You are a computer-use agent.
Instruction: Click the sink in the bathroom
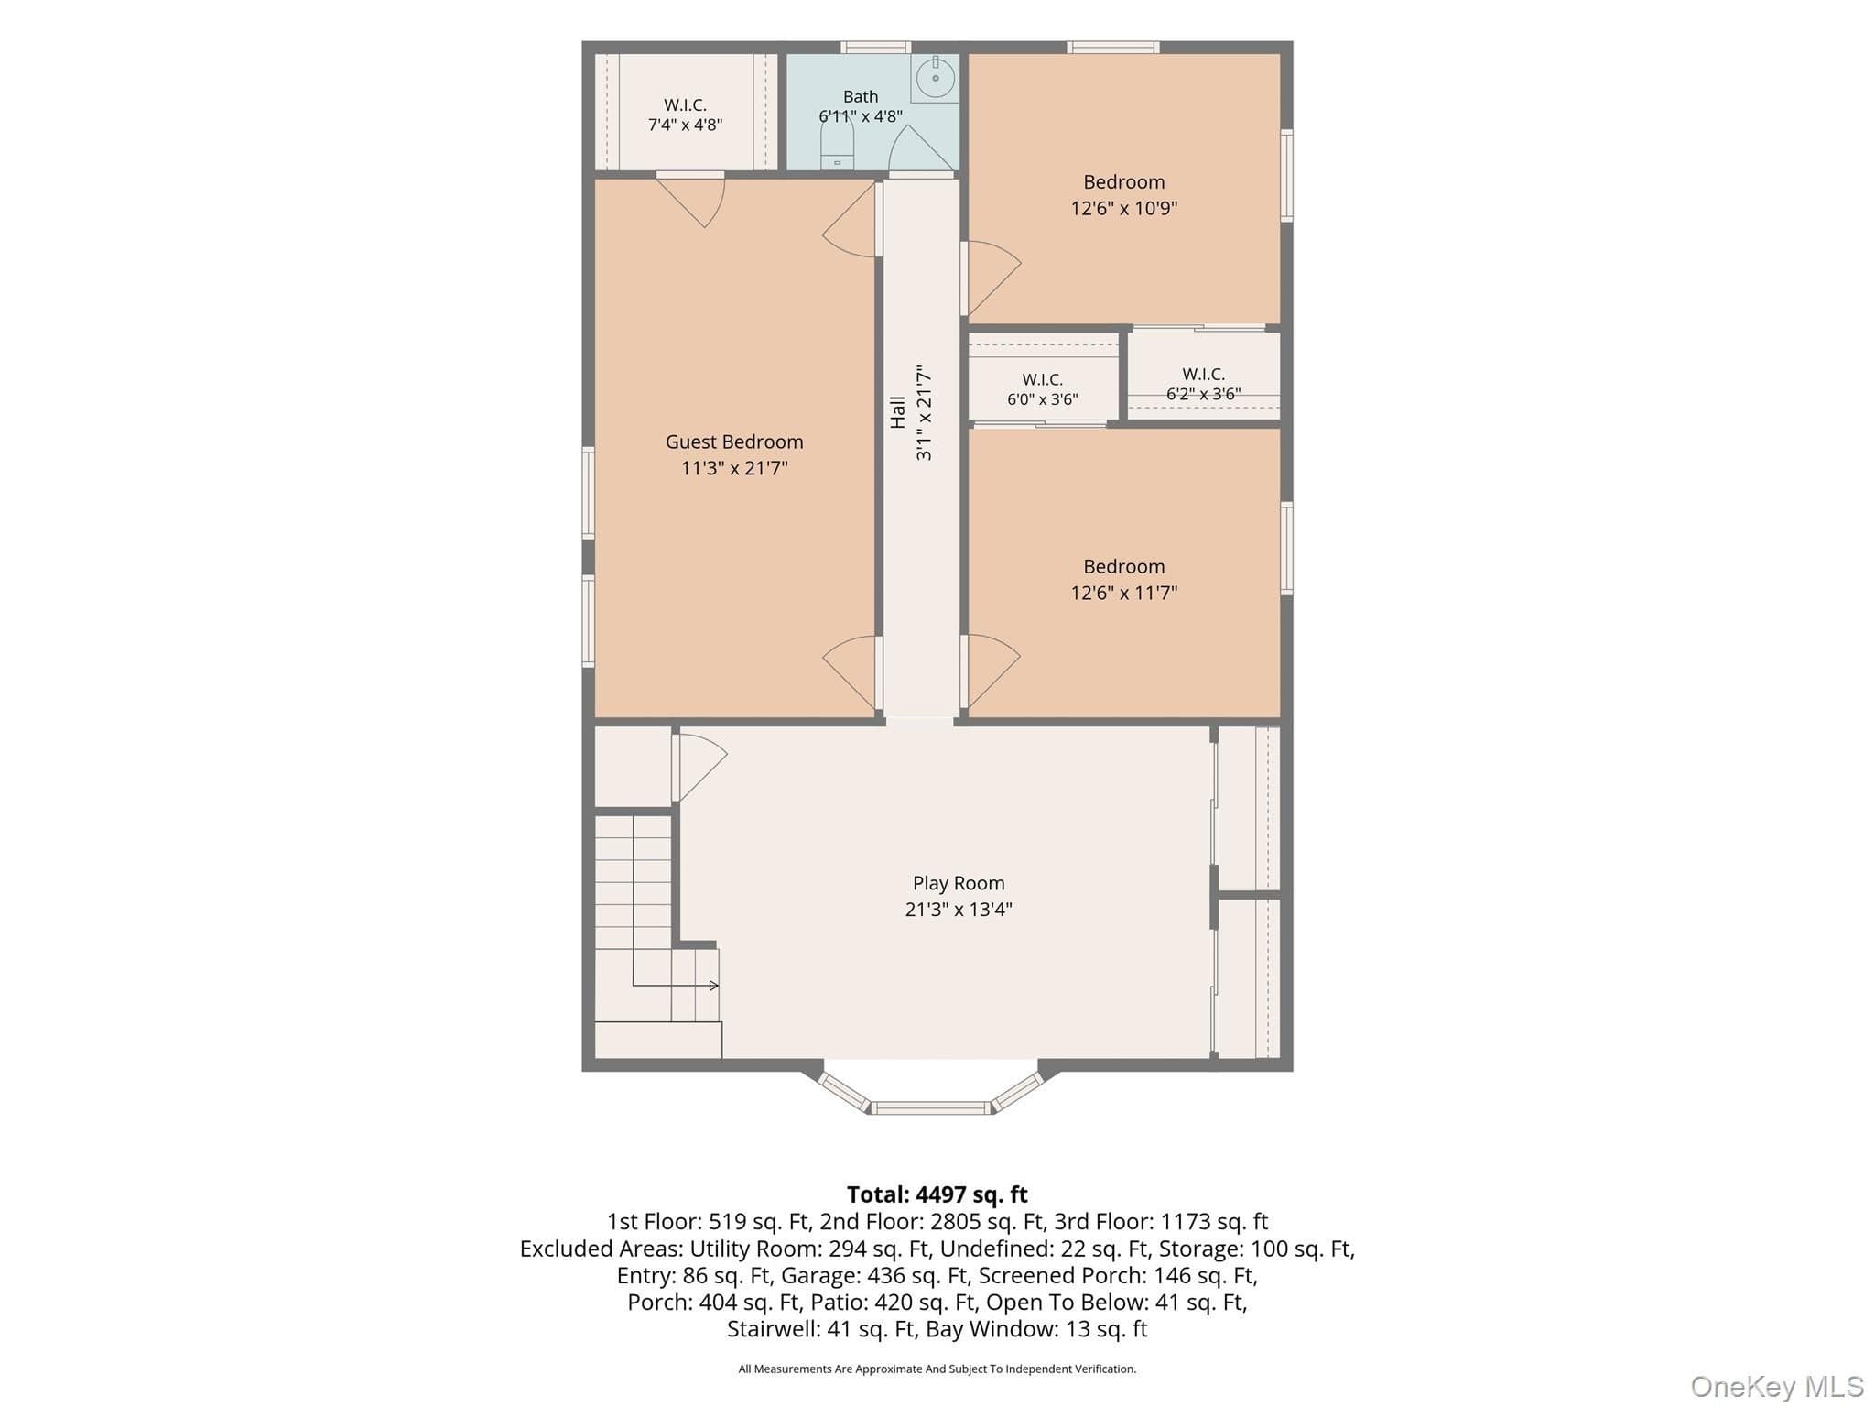pos(935,78)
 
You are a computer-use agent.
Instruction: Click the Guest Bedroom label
pos(734,442)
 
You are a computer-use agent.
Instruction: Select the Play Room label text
pos(959,883)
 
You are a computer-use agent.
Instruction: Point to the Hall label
pos(898,412)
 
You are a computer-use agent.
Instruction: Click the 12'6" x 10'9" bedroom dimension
pos(1124,208)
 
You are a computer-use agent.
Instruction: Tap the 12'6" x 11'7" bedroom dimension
pos(1124,593)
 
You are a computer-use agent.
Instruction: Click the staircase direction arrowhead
pos(714,986)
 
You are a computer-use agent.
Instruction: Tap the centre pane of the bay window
pos(929,1108)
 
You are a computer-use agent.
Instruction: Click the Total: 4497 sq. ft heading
pos(937,1194)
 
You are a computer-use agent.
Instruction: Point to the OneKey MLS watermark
pos(1777,1387)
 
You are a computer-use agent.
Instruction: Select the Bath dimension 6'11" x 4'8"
pos(861,116)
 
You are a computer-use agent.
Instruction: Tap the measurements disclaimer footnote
pos(937,1369)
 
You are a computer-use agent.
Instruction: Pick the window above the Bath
pos(875,47)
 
